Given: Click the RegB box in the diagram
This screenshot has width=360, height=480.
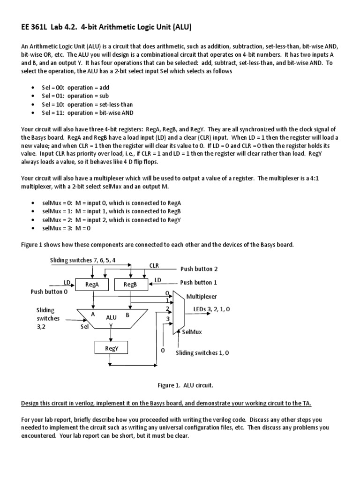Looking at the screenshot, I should pyautogui.click(x=130, y=284).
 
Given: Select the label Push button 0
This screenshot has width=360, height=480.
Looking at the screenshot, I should pyautogui.click(x=49, y=292).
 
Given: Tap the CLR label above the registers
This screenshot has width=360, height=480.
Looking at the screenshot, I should pyautogui.click(x=154, y=265).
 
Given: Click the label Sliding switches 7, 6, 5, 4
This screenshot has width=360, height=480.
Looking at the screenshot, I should pyautogui.click(x=82, y=260).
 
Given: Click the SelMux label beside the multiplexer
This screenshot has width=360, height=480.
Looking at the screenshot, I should pyautogui.click(x=192, y=332).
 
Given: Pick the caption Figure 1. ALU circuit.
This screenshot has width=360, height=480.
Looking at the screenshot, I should pyautogui.click(x=185, y=385).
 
